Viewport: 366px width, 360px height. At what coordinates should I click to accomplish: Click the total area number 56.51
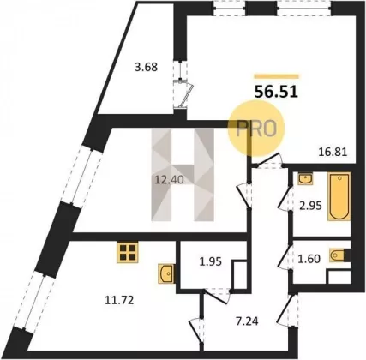pyautogui.click(x=276, y=92)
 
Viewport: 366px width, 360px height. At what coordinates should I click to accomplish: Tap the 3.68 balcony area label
pyautogui.click(x=146, y=67)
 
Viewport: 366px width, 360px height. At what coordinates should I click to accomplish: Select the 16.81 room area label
pyautogui.click(x=333, y=152)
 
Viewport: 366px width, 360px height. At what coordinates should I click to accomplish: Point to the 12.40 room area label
pyautogui.click(x=169, y=180)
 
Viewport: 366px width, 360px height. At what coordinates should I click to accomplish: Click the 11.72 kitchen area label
pyautogui.click(x=119, y=300)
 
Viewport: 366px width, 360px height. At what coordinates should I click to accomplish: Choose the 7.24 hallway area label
pyautogui.click(x=247, y=321)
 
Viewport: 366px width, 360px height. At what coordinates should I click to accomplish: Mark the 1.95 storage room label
pyautogui.click(x=210, y=261)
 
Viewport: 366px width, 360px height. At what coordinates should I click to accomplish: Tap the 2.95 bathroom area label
pyautogui.click(x=310, y=206)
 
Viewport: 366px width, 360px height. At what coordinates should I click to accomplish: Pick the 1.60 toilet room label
pyautogui.click(x=309, y=259)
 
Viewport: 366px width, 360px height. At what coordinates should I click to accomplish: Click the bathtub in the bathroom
pyautogui.click(x=339, y=196)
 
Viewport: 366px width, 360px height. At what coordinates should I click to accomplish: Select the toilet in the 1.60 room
pyautogui.click(x=339, y=255)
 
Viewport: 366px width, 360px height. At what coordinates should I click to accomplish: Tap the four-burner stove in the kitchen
pyautogui.click(x=128, y=252)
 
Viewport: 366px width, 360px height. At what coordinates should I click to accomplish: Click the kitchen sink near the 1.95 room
pyautogui.click(x=166, y=273)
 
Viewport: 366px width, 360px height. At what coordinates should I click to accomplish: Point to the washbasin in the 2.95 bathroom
pyautogui.click(x=305, y=178)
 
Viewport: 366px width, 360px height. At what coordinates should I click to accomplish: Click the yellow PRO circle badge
pyautogui.click(x=256, y=129)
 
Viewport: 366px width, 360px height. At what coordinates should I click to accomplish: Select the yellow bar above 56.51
pyautogui.click(x=276, y=76)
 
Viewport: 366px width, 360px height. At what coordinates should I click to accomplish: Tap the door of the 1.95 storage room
pyautogui.click(x=218, y=296)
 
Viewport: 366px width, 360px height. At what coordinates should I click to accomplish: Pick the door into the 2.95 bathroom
pyautogui.click(x=285, y=199)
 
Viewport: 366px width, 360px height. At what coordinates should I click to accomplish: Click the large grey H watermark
pyautogui.click(x=183, y=175)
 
